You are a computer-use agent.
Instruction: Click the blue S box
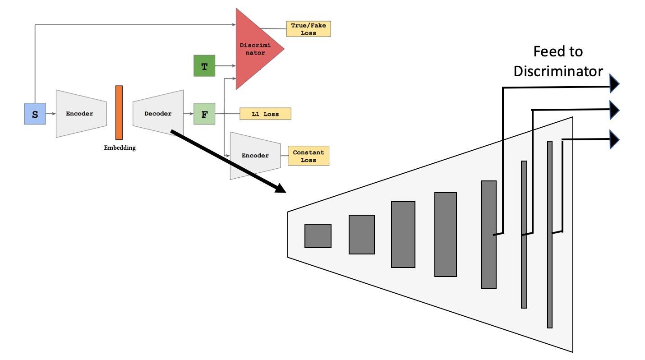tap(35, 114)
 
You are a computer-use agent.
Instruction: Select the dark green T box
tap(204, 66)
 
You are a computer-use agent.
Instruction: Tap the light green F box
tap(204, 114)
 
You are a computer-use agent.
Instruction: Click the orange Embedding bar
tap(119, 112)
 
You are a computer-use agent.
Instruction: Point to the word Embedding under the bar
tap(120, 148)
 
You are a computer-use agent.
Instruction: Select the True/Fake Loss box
tap(309, 29)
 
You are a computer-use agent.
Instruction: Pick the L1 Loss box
tap(265, 114)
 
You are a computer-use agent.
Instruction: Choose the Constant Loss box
tap(309, 156)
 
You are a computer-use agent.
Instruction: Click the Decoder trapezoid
tap(158, 114)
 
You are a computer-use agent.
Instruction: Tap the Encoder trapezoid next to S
tap(80, 114)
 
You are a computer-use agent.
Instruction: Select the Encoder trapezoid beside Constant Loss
tap(255, 156)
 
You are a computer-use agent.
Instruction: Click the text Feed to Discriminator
tap(558, 61)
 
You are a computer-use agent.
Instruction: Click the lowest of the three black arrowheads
tap(615, 139)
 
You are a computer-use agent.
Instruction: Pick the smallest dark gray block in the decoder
tap(318, 235)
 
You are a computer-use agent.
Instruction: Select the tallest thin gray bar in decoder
tap(549, 234)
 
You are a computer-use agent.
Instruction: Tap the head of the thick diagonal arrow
tap(281, 189)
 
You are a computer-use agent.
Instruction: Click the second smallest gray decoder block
tap(361, 234)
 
